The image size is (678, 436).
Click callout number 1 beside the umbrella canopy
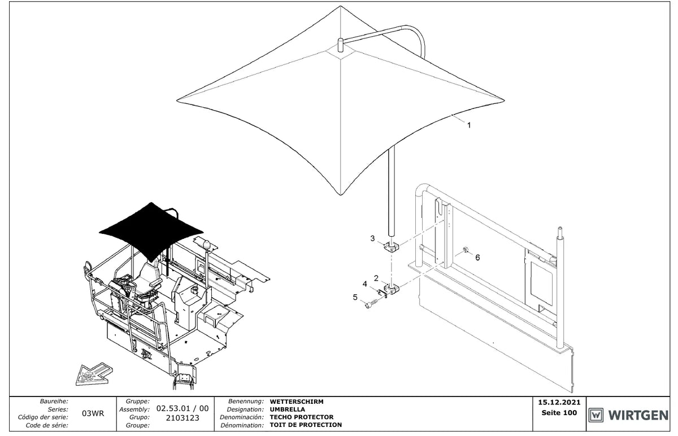469,125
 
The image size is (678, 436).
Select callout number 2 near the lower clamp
376,278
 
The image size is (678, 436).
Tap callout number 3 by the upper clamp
372,238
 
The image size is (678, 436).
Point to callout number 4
365,284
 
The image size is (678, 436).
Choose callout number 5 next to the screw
355,297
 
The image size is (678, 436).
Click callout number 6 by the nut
477,258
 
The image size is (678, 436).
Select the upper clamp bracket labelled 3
392,247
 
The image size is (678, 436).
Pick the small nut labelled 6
466,250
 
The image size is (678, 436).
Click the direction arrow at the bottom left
94,375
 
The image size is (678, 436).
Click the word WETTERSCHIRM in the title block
297,402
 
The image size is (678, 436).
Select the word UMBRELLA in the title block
287,409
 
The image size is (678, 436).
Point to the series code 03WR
93,413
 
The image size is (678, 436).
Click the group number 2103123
182,418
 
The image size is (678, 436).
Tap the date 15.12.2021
559,403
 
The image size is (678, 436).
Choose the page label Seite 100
559,413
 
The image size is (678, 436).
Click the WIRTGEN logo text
638,416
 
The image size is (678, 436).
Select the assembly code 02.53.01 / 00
182,408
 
